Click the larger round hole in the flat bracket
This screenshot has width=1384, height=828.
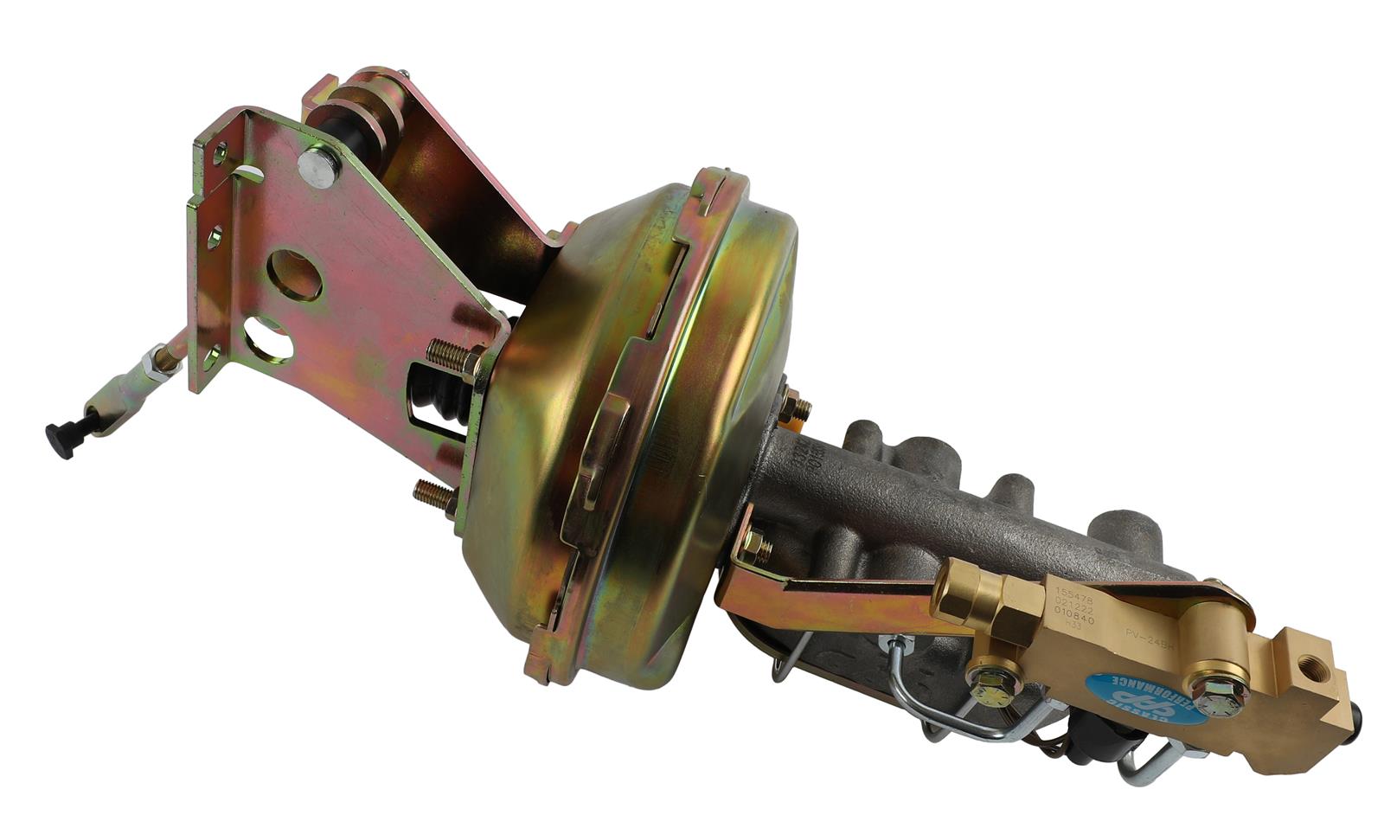point(293,274)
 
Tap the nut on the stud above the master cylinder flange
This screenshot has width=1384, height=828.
point(795,406)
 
